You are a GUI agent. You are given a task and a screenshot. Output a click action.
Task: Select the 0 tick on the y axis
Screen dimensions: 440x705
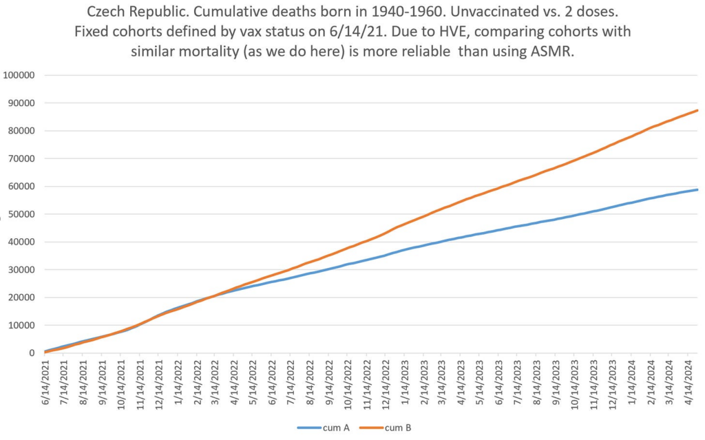tap(31, 353)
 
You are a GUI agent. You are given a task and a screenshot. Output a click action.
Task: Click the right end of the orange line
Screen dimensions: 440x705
tap(698, 110)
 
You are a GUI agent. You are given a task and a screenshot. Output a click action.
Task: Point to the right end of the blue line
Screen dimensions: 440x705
tap(698, 189)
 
